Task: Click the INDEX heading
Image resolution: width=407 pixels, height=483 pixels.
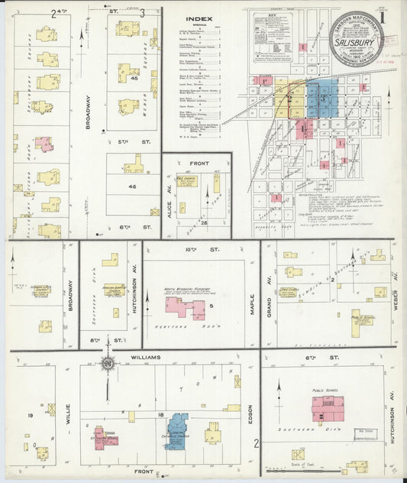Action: tap(199, 20)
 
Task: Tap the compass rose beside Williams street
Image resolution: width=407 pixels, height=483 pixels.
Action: tap(108, 365)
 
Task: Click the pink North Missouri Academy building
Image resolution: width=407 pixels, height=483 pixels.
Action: tap(184, 308)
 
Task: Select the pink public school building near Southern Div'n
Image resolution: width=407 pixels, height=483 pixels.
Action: tap(326, 409)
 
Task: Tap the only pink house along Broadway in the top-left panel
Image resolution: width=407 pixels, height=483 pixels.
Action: tap(44, 144)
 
